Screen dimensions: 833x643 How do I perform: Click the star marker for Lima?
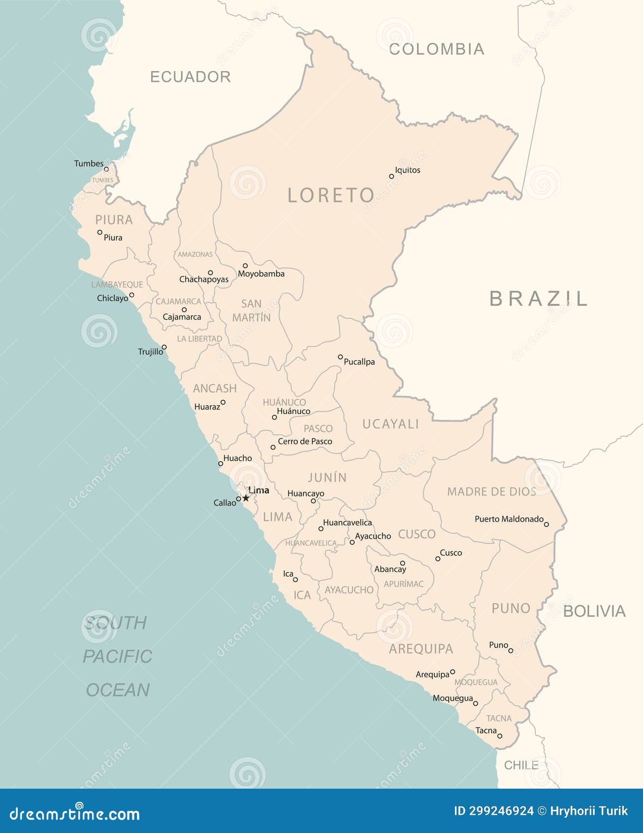(x=246, y=498)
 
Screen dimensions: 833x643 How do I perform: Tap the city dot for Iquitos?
(x=391, y=176)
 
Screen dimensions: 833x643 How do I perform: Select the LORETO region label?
(x=331, y=195)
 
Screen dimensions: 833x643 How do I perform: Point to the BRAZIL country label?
(x=539, y=298)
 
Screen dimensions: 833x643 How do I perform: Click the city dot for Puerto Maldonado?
(x=546, y=524)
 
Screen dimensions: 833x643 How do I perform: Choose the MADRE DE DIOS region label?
(x=491, y=491)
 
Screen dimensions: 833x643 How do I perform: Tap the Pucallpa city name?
(x=359, y=362)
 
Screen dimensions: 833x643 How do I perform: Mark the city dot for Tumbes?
(x=106, y=169)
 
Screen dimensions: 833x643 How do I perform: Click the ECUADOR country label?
(x=190, y=77)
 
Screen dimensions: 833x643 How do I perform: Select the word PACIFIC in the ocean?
(x=117, y=657)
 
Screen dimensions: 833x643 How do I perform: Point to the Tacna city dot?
(x=500, y=736)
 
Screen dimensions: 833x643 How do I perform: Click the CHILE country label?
(x=521, y=765)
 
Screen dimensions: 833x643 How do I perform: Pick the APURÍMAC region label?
(x=403, y=584)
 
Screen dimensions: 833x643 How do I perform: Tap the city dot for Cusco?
(x=438, y=558)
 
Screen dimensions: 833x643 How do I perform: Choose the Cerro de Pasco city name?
(x=305, y=442)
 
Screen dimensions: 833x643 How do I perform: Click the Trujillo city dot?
(x=164, y=347)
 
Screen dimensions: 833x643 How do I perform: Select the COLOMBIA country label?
(x=436, y=49)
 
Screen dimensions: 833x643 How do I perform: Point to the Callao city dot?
(x=238, y=499)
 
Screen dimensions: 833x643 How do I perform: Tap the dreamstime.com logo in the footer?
(x=75, y=814)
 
